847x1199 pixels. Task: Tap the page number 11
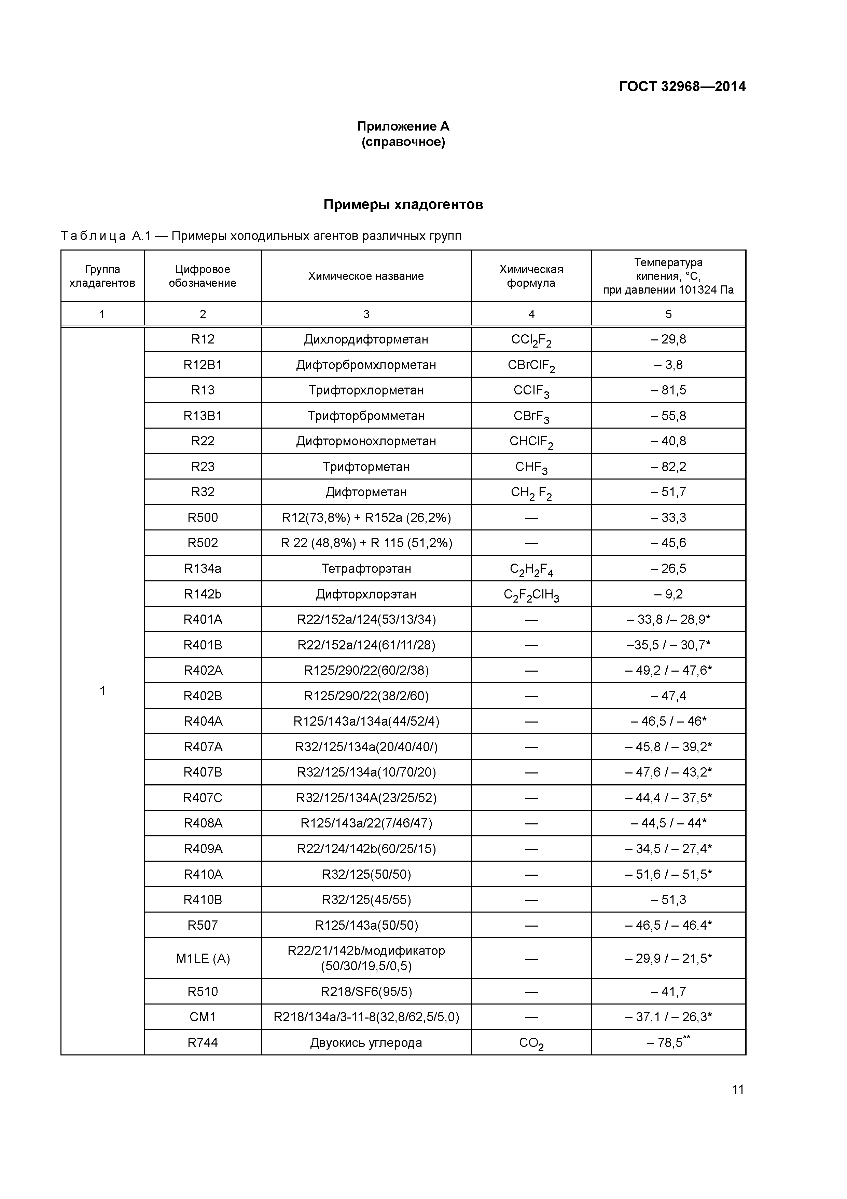[x=737, y=1089]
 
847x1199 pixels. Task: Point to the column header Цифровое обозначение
[x=203, y=276]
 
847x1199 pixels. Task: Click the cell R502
[x=203, y=543]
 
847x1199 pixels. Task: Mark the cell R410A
[x=203, y=874]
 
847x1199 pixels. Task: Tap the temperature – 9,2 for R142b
[x=668, y=594]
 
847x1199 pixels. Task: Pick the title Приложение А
[x=403, y=126]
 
